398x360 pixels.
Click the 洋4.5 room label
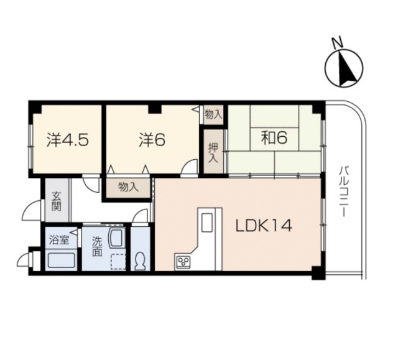point(67,139)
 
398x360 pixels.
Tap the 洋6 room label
point(151,139)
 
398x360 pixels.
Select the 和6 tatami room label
point(273,137)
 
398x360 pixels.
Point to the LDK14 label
point(263,227)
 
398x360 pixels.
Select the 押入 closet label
point(213,152)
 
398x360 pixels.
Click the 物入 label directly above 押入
point(213,114)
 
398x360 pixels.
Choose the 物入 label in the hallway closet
point(127,187)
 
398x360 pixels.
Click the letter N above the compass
point(336,43)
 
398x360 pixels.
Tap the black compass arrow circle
point(345,69)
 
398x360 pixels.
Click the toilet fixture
point(140,260)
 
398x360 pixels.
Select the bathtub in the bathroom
point(61,260)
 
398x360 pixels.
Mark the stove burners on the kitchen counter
point(185,261)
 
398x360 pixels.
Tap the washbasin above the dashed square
point(116,238)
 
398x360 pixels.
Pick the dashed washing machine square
point(116,262)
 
